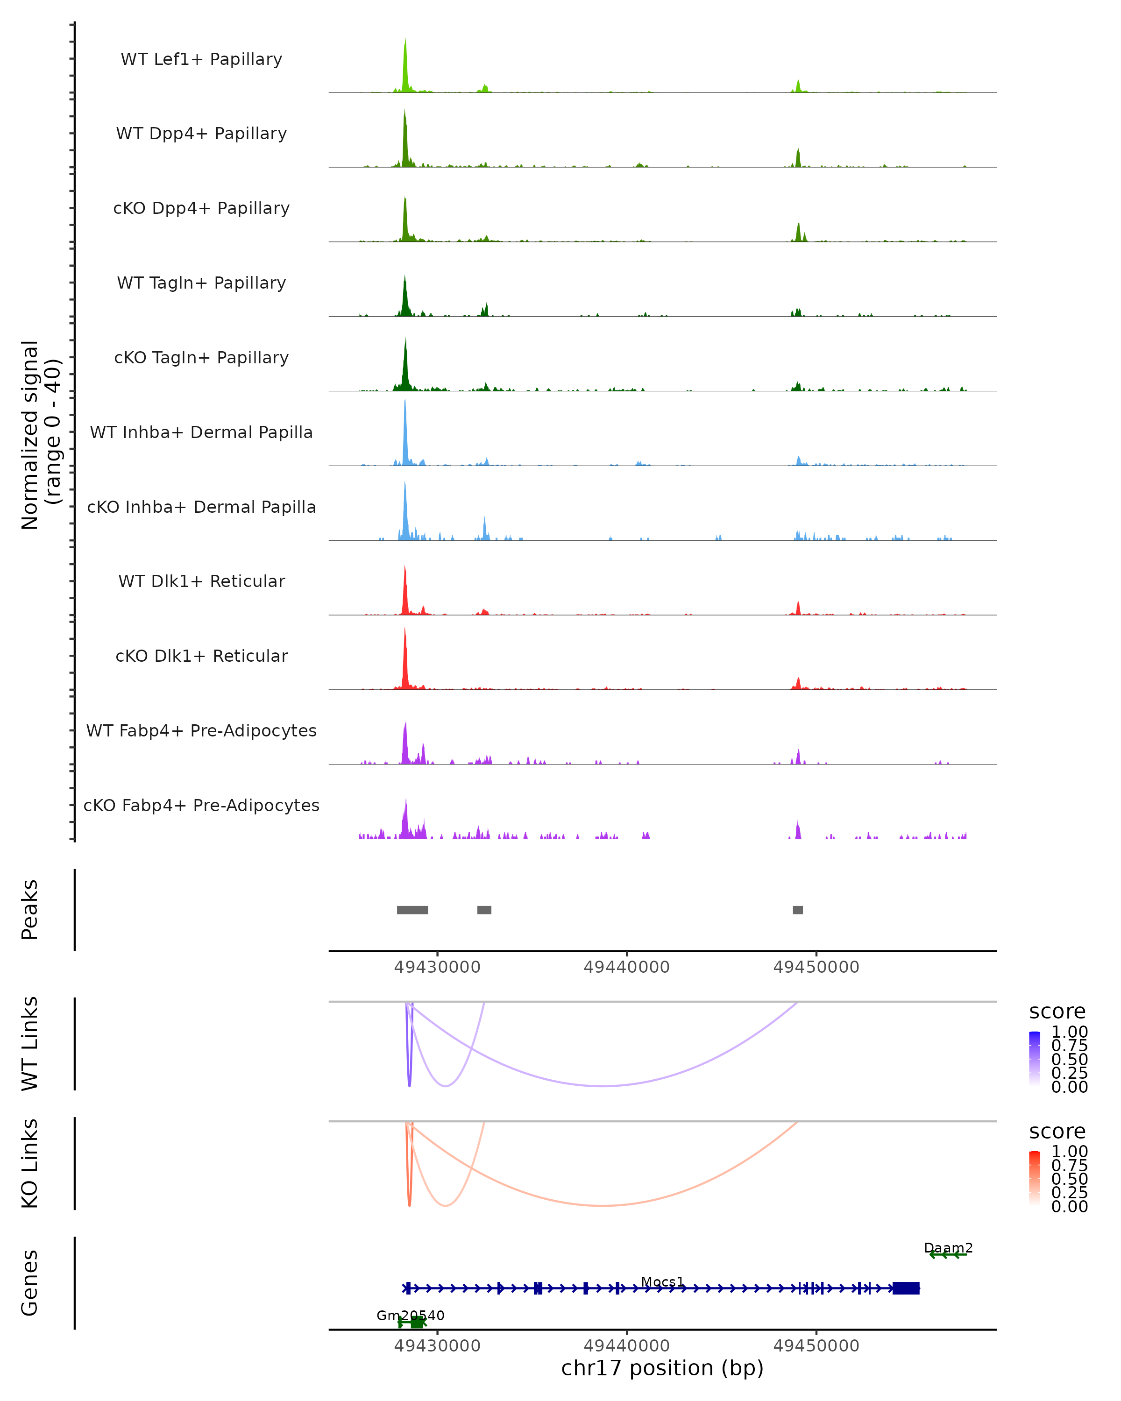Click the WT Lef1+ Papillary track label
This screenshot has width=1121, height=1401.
[x=201, y=59]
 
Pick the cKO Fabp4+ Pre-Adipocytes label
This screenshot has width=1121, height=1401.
[x=201, y=805]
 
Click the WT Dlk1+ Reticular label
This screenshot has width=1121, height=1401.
[x=201, y=581]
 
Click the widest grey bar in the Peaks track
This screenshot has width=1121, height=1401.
[x=412, y=910]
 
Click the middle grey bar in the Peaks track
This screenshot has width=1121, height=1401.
[x=484, y=910]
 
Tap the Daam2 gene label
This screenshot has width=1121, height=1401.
[x=948, y=1248]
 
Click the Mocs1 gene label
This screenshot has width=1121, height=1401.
[x=662, y=1281]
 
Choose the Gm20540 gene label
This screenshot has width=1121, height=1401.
[x=410, y=1315]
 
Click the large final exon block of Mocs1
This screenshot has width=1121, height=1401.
[x=906, y=1288]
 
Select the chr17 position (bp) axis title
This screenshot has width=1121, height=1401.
[x=662, y=1368]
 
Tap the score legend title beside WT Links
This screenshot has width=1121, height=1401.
[x=1057, y=1011]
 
